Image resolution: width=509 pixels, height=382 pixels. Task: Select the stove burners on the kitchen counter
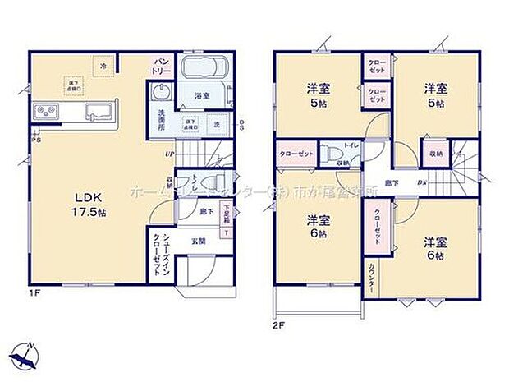[x=44, y=112]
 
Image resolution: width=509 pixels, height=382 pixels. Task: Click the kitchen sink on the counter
[x=99, y=112]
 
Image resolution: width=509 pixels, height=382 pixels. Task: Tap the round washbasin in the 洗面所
[x=160, y=93]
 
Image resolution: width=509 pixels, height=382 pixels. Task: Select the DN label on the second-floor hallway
[x=421, y=182]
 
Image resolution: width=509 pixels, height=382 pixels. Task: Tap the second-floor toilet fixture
[x=331, y=153]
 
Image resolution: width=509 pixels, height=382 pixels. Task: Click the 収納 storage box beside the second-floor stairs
[x=433, y=154]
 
